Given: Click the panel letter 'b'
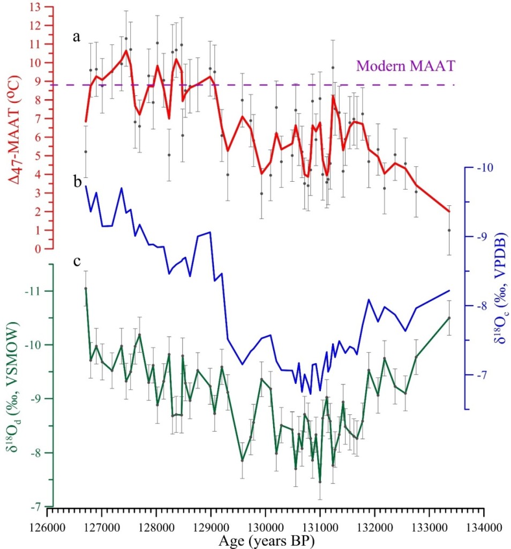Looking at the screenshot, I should [78, 182].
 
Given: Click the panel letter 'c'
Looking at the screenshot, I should [78, 262].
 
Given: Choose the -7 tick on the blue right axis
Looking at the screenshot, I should [478, 375].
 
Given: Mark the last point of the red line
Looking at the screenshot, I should [449, 212].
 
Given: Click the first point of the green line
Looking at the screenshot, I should [86, 288].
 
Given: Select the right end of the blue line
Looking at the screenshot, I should [449, 291].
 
